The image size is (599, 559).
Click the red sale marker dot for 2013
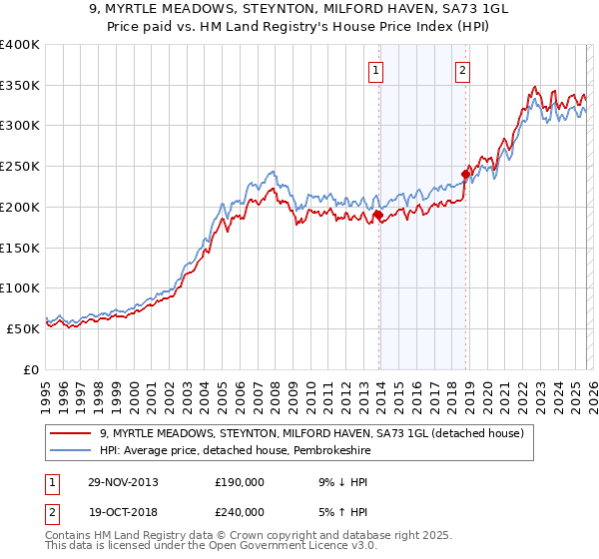(378, 215)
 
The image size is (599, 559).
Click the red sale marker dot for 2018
(465, 174)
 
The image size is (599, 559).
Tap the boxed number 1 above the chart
(376, 70)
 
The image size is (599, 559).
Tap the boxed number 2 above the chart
(463, 70)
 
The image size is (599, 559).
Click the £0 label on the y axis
(32, 369)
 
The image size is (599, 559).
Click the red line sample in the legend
(71, 433)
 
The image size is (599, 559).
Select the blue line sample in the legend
(71, 450)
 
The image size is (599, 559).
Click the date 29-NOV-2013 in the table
(123, 481)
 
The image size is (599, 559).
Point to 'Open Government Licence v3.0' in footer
(291, 548)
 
